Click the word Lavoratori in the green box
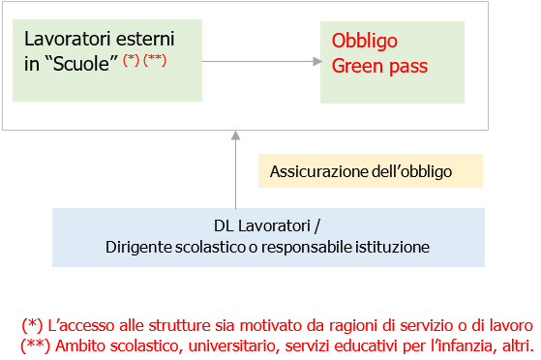click(63, 41)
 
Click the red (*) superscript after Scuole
click(132, 58)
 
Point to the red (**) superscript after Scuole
click(154, 58)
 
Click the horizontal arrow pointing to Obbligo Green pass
click(261, 61)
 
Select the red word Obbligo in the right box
click(365, 42)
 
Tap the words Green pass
click(379, 66)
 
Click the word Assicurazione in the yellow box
click(315, 172)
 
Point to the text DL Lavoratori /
click(267, 227)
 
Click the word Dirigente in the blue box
click(137, 248)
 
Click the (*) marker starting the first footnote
click(31, 324)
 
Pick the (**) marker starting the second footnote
click(34, 344)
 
